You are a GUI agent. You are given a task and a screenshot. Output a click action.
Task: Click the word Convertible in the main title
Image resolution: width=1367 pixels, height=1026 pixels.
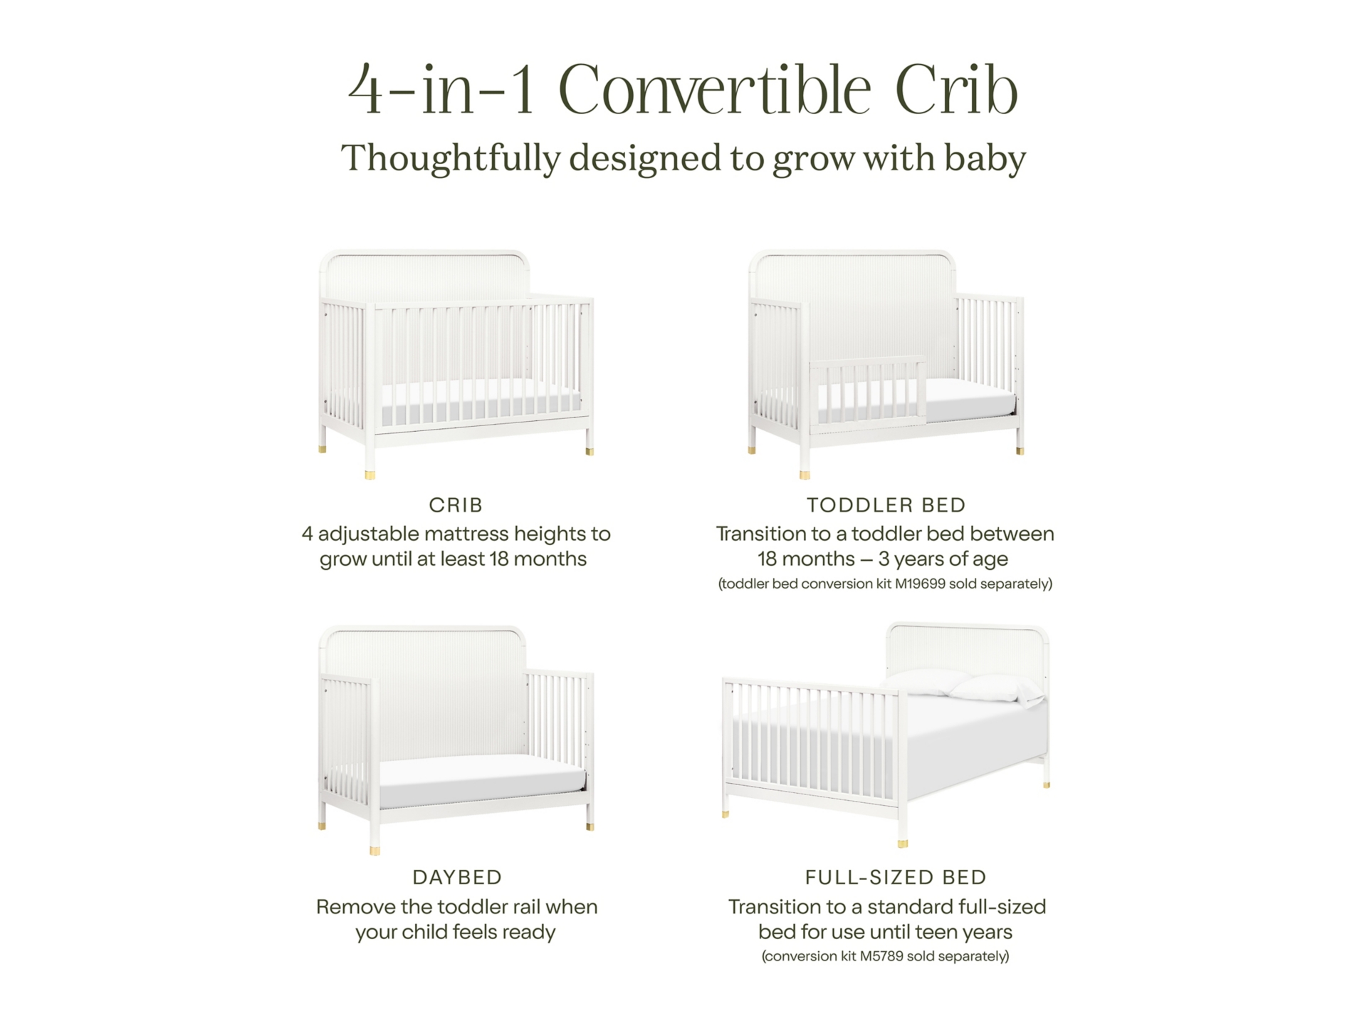coord(715,90)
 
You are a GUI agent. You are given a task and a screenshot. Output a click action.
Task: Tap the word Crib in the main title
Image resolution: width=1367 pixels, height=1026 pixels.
coord(957,90)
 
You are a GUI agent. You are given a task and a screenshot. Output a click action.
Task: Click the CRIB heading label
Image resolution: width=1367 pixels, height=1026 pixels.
coord(456,505)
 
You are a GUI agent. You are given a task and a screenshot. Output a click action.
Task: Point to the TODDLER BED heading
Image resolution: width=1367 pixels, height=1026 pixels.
coord(886,505)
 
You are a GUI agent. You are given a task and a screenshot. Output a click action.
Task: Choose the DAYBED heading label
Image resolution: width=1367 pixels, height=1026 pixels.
coord(457,877)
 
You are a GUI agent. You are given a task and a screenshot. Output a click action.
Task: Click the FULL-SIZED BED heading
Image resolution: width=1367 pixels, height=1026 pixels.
coord(896,877)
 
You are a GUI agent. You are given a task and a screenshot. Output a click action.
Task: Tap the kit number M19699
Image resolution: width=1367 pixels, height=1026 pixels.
coord(920,584)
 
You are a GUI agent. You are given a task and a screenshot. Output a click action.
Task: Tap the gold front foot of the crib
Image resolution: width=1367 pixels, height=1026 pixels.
coord(370,472)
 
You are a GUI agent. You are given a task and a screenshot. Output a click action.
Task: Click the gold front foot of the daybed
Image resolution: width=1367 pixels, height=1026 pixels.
coord(375,849)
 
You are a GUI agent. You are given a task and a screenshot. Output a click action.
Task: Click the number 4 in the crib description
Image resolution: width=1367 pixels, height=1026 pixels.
coord(307,534)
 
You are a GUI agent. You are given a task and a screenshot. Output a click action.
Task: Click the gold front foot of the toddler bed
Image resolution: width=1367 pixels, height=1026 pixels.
coord(805,473)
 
